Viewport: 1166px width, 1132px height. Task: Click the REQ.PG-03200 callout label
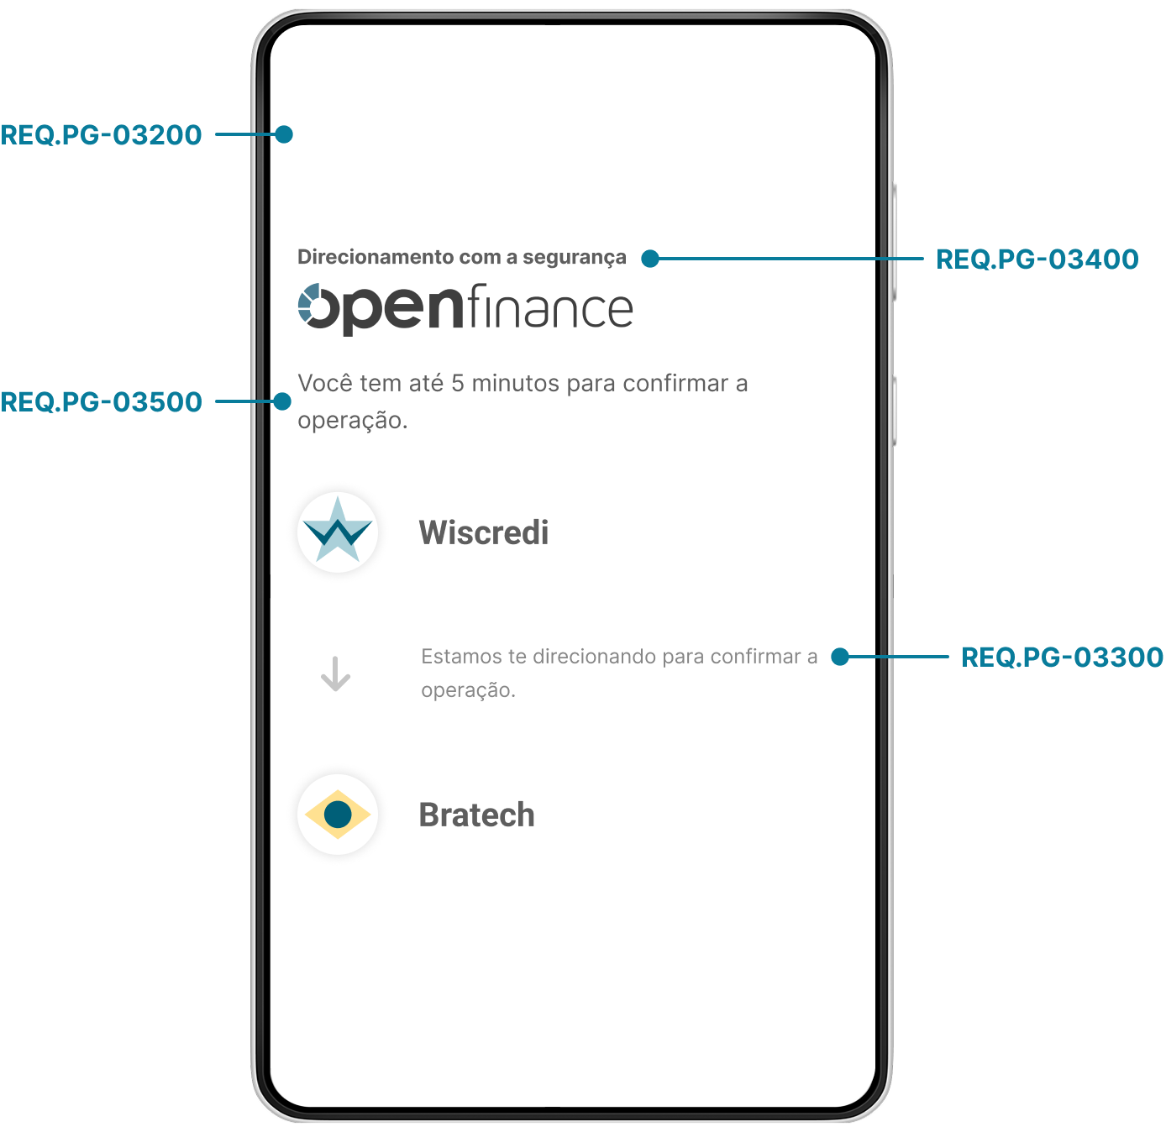101,134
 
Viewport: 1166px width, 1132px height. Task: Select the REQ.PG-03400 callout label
1037,259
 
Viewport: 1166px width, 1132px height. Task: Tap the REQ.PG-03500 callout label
101,402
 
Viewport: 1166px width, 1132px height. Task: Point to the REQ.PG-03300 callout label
1062,657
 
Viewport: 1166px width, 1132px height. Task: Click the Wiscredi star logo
338,531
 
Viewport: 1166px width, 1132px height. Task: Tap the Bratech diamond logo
338,814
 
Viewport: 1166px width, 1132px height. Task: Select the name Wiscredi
483,532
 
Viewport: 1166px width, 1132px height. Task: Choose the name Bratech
476,815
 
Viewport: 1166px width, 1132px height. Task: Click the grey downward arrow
335,673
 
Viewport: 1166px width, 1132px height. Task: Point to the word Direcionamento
376,256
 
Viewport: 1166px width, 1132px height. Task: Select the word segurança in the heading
574,258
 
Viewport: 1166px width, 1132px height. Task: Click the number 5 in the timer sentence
457,383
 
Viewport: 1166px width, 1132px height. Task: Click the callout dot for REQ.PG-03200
284,134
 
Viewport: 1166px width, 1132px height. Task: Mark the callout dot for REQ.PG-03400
649,259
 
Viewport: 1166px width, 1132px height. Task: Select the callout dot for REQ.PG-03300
839,657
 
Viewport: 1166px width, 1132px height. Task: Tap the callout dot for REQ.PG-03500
282,401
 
